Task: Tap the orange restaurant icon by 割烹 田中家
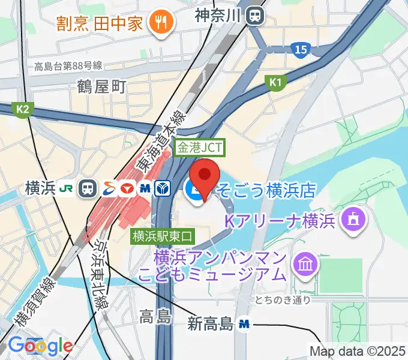click(161, 23)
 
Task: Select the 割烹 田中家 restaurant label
click(100, 23)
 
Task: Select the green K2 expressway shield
click(23, 109)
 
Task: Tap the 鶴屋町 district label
click(101, 87)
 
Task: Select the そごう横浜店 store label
click(265, 191)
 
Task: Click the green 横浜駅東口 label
click(163, 235)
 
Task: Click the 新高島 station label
click(209, 325)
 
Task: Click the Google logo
click(41, 346)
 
